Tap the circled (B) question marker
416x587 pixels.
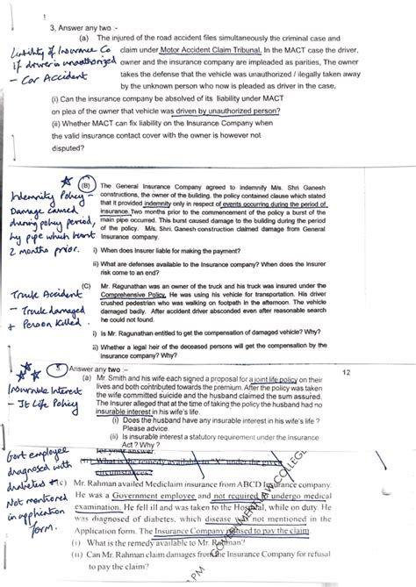(x=86, y=187)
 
